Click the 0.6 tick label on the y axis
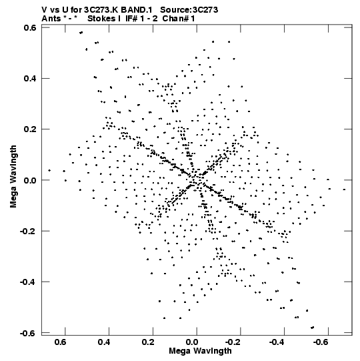tap(30, 27)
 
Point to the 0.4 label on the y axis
tap(30, 78)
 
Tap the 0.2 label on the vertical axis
tap(30, 129)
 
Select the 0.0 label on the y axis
tap(30, 180)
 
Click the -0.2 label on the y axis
tap(29, 231)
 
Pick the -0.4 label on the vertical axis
tap(29, 282)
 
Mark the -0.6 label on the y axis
tap(29, 333)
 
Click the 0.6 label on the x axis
tap(61, 342)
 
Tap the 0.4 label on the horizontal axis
tap(104, 342)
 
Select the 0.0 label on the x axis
tap(192, 342)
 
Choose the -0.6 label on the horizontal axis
tap(321, 342)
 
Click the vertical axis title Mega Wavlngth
tap(13, 177)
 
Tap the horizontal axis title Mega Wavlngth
tap(200, 351)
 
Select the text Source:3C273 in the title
tap(189, 10)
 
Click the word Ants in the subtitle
tap(51, 19)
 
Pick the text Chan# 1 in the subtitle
tap(179, 19)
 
